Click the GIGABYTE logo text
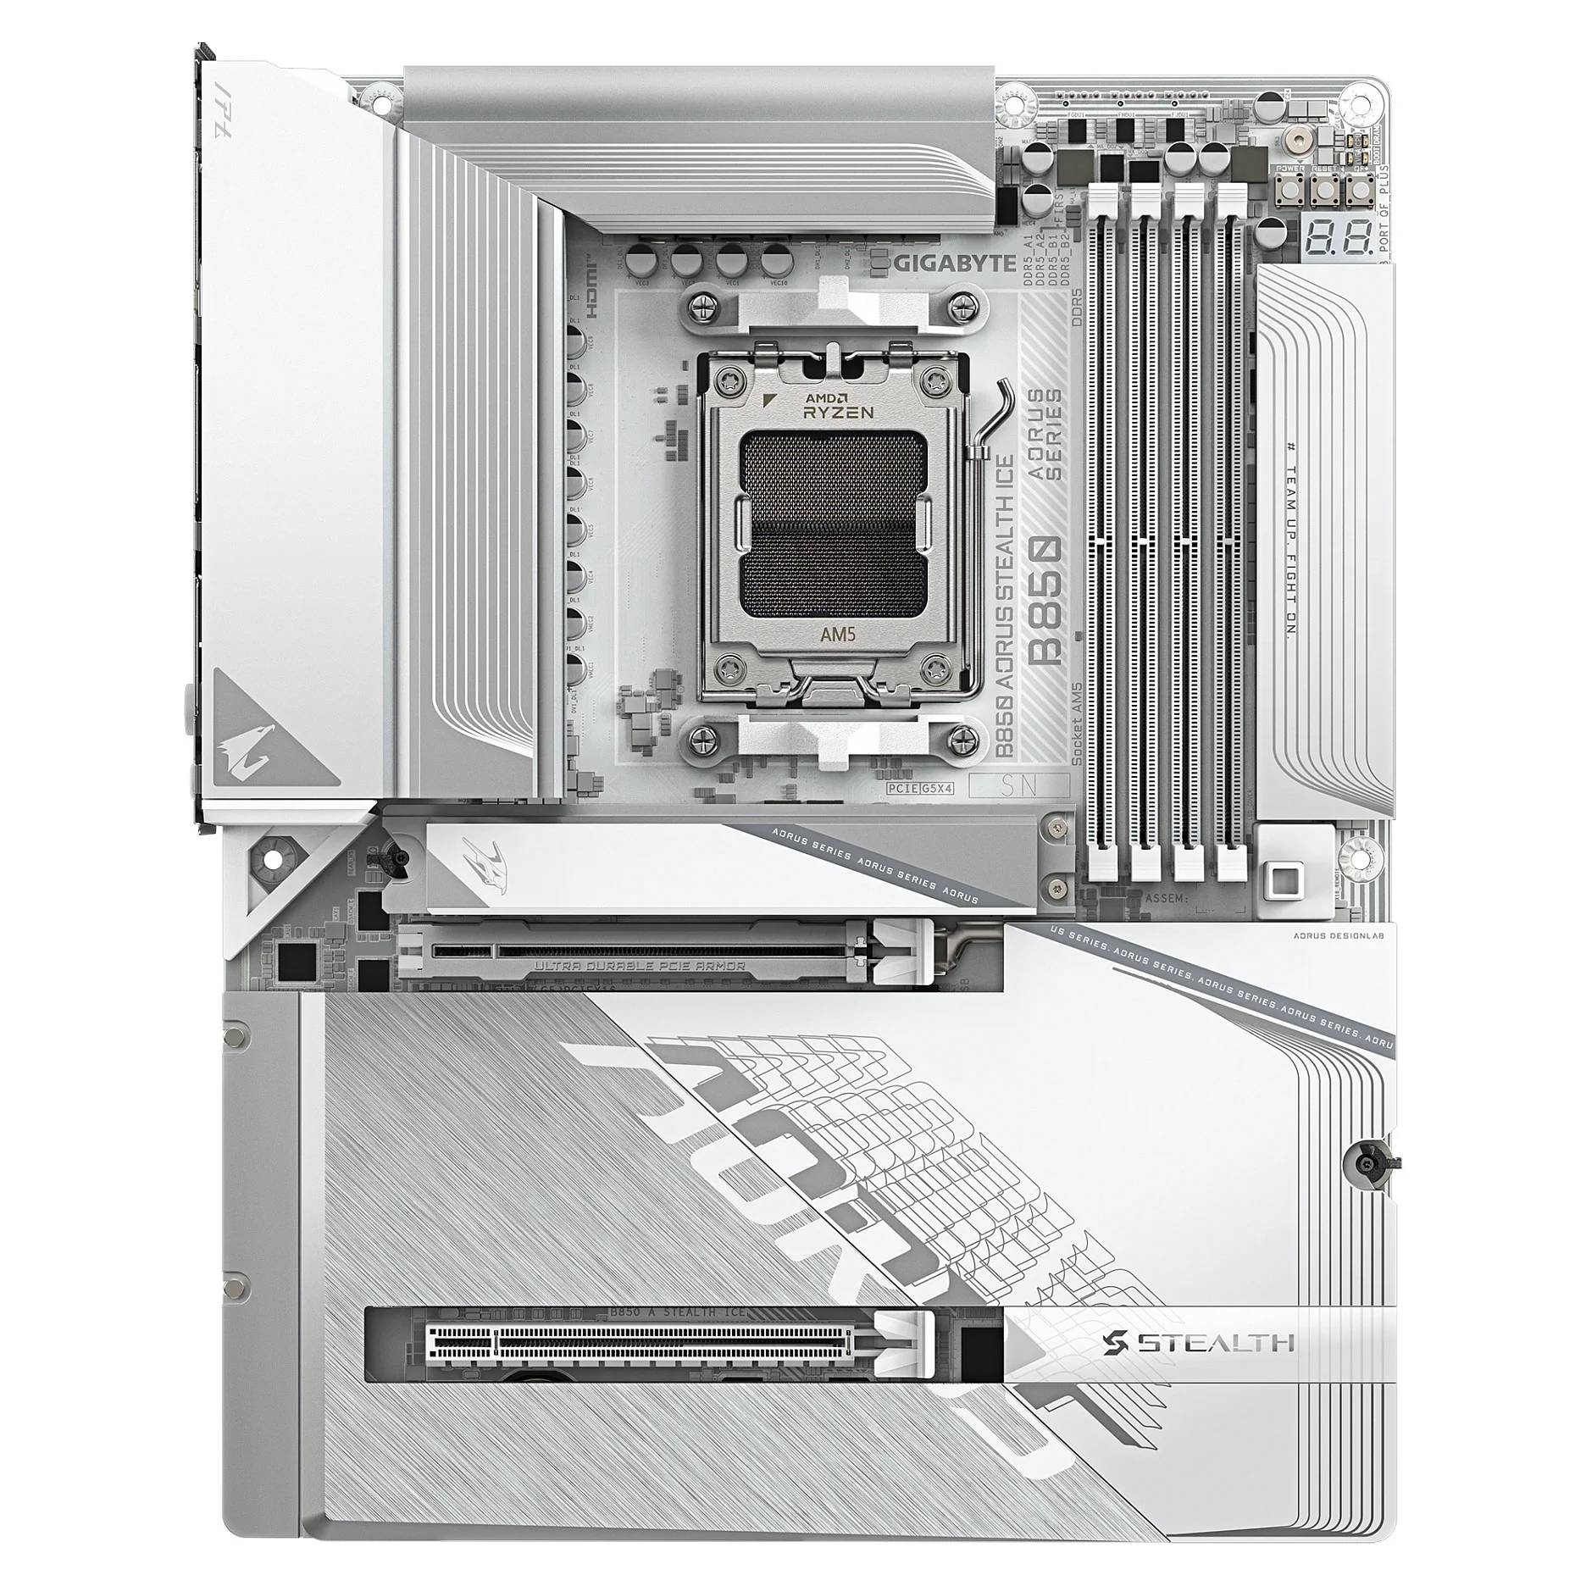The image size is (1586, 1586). (957, 263)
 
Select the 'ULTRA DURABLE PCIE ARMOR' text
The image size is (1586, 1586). (640, 965)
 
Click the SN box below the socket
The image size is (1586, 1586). (1018, 785)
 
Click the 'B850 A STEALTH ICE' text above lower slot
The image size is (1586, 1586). (677, 1312)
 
